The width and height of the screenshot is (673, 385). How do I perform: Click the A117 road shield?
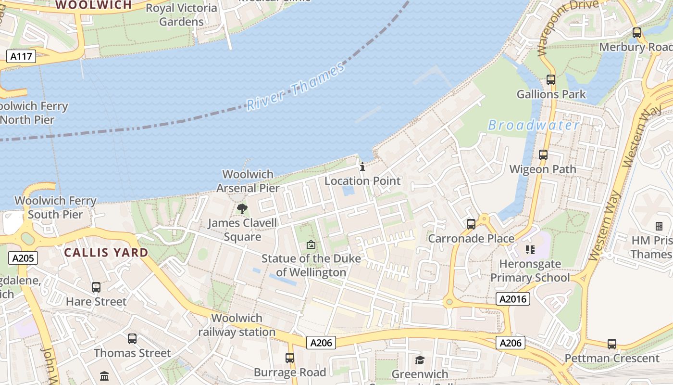click(22, 56)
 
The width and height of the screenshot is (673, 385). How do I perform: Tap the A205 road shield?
click(23, 258)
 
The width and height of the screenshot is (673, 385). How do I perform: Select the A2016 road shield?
click(513, 299)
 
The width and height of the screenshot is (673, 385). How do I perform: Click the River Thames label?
click(296, 86)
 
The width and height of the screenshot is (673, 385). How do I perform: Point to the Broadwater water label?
click(534, 126)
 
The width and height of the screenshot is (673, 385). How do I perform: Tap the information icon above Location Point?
click(362, 167)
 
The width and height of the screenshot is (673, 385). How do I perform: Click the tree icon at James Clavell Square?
click(242, 209)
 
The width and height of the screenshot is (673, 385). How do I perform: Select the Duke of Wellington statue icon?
click(311, 244)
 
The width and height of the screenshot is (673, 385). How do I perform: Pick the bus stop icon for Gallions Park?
click(551, 80)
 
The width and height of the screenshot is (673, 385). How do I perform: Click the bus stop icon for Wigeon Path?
click(543, 155)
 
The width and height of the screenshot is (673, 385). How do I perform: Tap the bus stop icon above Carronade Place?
click(471, 224)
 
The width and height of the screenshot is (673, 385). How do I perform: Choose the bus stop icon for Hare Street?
click(96, 287)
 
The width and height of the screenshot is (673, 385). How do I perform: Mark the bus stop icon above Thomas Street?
click(132, 339)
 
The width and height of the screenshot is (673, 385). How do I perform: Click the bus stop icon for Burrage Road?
click(289, 358)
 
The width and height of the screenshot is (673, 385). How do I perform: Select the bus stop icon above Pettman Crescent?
click(611, 344)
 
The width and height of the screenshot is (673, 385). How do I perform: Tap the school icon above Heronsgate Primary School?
click(530, 250)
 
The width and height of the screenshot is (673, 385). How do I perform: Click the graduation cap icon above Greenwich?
click(420, 360)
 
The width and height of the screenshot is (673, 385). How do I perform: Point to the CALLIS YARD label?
click(106, 253)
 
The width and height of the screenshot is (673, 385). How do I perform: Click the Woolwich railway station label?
click(237, 325)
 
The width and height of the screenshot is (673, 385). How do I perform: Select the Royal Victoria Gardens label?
click(181, 15)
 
